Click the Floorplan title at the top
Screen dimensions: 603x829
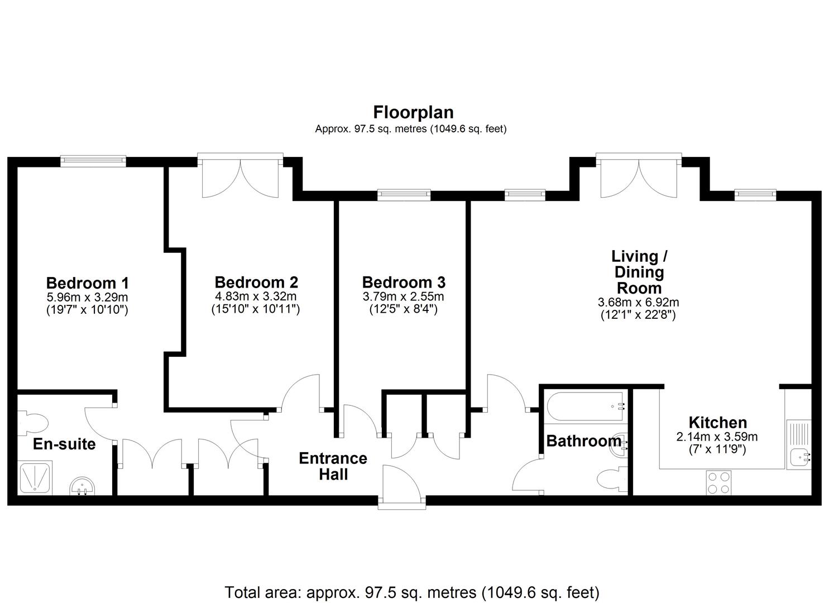tap(413, 112)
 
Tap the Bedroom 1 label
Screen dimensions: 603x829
tap(87, 283)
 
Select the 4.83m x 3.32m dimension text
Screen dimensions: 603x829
tap(256, 296)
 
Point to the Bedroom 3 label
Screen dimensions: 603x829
tap(404, 283)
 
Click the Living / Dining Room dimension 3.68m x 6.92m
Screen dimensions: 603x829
tap(638, 303)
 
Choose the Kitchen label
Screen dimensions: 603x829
tap(717, 423)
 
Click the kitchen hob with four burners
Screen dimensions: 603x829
tap(718, 482)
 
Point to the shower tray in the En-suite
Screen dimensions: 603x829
tap(35, 477)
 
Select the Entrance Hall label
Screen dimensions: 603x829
tap(333, 466)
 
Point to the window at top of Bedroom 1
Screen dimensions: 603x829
tap(93, 161)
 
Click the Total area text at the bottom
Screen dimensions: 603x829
tap(412, 592)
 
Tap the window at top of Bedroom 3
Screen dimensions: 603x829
tap(404, 195)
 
